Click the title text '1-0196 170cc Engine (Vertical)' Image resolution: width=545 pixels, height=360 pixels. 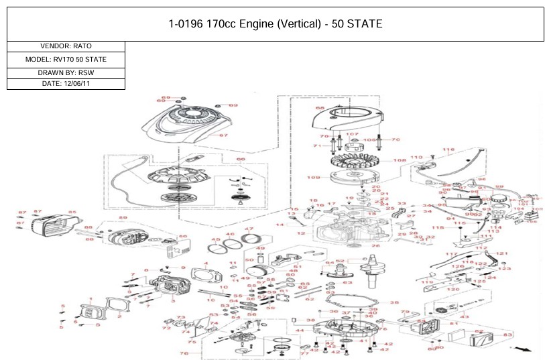coord(275,24)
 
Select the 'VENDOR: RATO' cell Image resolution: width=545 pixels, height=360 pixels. coord(66,46)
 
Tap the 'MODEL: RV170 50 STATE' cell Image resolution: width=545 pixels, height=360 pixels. coord(66,59)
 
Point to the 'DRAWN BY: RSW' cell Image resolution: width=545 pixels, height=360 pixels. coord(66,72)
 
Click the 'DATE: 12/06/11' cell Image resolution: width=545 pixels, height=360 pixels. coord(66,84)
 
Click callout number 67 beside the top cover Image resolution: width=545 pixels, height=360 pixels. coord(224,135)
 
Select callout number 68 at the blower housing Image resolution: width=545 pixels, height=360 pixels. coord(320,108)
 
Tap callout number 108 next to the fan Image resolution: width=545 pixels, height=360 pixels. coord(400,160)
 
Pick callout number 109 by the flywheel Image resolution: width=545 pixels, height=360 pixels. coord(313,177)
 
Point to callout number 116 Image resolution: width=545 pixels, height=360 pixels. coord(448,150)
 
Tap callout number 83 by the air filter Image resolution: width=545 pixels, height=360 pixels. coord(507,334)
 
